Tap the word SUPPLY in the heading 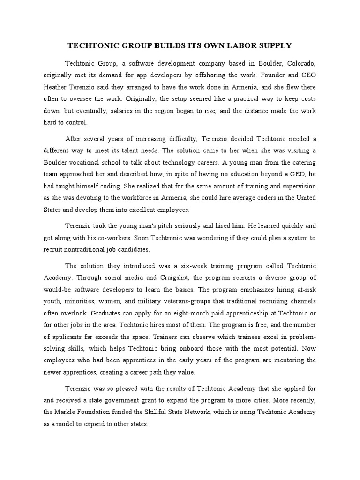(274, 45)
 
